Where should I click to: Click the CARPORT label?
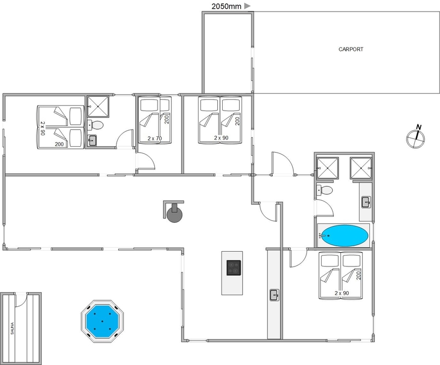pos(351,49)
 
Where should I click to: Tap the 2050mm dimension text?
pos(226,6)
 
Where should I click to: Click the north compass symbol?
pos(415,137)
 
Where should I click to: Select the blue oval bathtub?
pos(345,236)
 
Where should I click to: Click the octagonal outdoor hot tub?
pos(102,321)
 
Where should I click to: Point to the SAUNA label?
pos(13,328)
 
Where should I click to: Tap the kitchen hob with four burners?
pos(234,268)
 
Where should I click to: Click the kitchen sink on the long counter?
pos(274,295)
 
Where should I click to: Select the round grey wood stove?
pos(175,215)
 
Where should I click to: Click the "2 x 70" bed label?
pos(155,138)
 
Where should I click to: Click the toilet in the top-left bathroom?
pos(95,125)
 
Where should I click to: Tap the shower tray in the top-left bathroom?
pos(97,106)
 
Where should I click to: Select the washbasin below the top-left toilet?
pos(92,141)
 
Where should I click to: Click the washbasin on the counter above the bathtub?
pos(366,202)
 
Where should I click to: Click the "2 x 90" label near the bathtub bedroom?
pos(342,293)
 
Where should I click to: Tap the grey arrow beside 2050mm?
pos(247,6)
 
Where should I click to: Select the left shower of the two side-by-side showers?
pos(327,169)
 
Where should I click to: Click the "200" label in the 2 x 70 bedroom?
pos(167,119)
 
